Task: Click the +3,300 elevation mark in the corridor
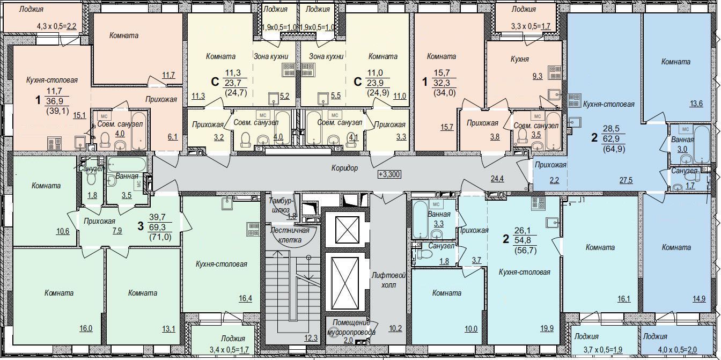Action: [389, 174]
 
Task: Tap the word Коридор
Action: [344, 168]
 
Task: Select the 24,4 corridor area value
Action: [497, 178]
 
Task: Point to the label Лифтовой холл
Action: [388, 280]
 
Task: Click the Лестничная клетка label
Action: [290, 235]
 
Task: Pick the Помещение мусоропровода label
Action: [351, 327]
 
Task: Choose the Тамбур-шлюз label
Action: [283, 205]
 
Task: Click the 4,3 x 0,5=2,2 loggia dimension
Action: [57, 26]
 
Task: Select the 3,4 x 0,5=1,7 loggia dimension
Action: [229, 349]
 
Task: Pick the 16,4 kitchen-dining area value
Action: [245, 298]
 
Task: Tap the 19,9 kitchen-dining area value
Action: [547, 328]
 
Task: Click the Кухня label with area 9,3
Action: [520, 59]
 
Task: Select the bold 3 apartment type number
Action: [141, 226]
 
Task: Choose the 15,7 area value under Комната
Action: [447, 127]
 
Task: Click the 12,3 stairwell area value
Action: [311, 338]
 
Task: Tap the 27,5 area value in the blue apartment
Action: [626, 180]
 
